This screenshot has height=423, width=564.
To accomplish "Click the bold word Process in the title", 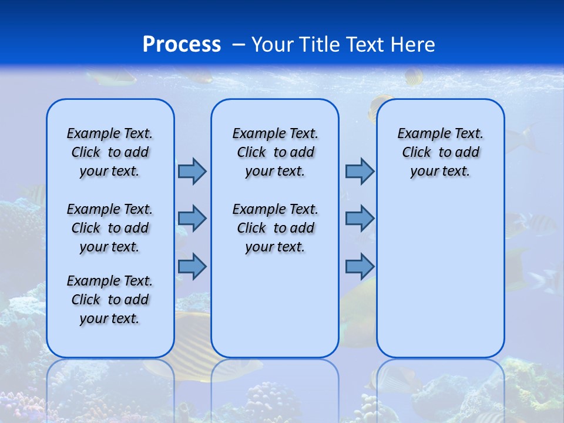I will (x=182, y=45).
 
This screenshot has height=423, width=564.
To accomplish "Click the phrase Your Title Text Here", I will (x=343, y=45).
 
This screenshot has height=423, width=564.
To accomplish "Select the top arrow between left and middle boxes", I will (x=192, y=171).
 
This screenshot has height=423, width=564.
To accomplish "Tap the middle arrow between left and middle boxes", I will (x=192, y=219).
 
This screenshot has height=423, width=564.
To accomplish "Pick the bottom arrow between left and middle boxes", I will (x=192, y=267).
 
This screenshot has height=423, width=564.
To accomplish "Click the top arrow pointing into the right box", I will (x=360, y=171).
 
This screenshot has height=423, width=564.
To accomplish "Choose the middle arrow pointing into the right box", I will (x=360, y=219).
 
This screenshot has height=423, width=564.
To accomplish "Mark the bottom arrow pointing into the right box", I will (x=360, y=267).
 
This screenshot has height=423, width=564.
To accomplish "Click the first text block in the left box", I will (x=110, y=152).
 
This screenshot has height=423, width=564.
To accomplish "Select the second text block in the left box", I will (x=110, y=228).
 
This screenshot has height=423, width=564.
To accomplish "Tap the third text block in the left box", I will (x=110, y=300).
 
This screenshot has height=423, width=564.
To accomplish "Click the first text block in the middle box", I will (x=275, y=152).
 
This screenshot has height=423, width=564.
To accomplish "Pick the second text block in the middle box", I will (x=275, y=228).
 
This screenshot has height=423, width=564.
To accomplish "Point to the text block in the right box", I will (x=440, y=152).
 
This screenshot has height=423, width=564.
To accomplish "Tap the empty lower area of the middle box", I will (x=275, y=305).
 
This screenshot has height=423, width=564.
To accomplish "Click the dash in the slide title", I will (x=239, y=45).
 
